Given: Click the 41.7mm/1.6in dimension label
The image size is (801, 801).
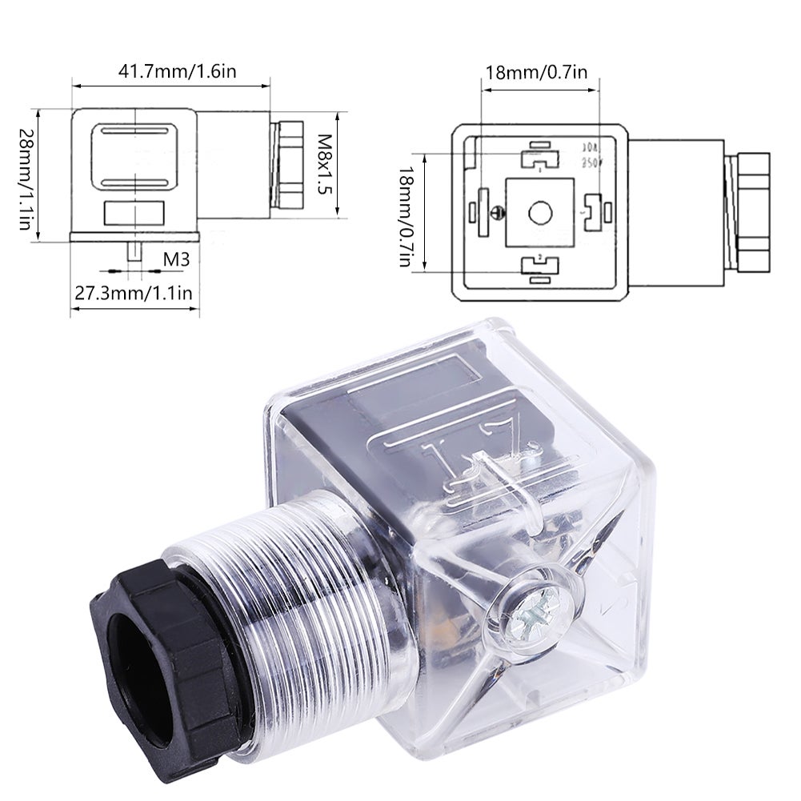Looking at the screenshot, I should click(x=178, y=70).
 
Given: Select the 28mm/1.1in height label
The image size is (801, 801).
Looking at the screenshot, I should click(x=26, y=179).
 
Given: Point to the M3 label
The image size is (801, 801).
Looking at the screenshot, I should click(x=176, y=258).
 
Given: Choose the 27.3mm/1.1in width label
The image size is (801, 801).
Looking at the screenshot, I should click(x=134, y=293).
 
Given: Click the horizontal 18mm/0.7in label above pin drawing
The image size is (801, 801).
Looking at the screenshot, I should click(x=536, y=73).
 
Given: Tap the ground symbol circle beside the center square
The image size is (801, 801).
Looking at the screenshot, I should click(x=497, y=212).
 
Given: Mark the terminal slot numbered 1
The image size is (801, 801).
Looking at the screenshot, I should click(x=539, y=159).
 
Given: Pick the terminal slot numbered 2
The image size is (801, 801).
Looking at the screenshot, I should click(x=539, y=264).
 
